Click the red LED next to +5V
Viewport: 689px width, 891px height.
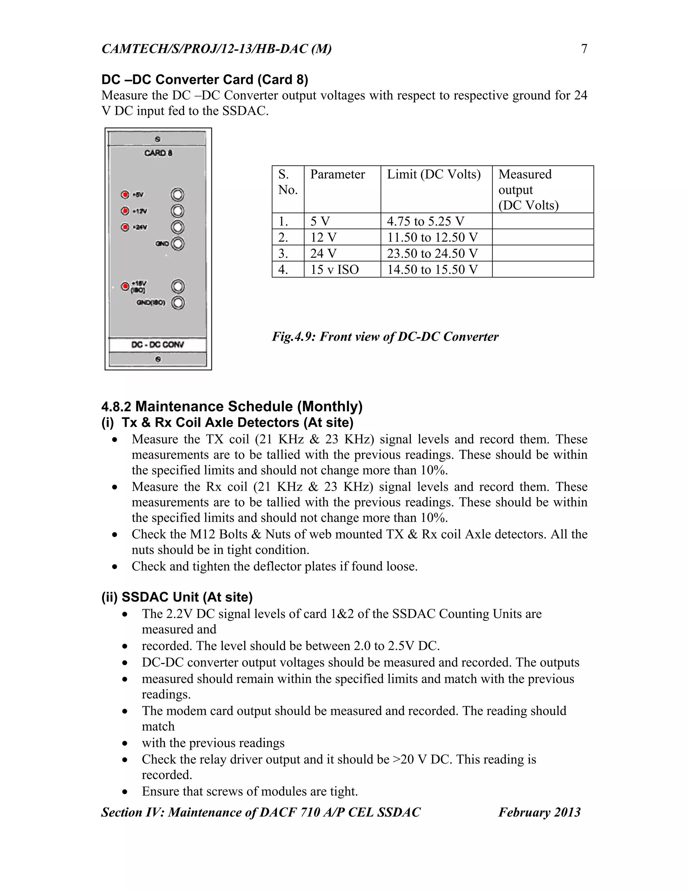(x=125, y=195)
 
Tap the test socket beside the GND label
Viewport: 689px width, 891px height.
(x=178, y=244)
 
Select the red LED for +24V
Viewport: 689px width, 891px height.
(x=125, y=227)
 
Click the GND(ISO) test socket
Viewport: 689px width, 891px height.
(x=178, y=303)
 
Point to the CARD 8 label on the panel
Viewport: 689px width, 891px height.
(x=158, y=153)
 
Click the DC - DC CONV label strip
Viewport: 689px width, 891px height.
(x=157, y=345)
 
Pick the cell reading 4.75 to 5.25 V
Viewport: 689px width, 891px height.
(x=425, y=221)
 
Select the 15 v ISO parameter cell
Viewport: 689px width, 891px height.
(x=334, y=269)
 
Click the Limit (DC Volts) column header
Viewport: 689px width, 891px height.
(x=433, y=174)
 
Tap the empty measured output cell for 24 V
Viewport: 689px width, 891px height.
(x=542, y=254)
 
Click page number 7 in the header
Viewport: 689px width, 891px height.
(x=584, y=49)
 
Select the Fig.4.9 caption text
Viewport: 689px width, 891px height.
(x=385, y=337)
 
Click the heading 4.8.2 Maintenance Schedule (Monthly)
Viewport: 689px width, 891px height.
(x=232, y=406)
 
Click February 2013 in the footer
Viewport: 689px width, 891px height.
(x=539, y=812)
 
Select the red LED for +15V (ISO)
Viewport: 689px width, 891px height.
(x=125, y=286)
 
